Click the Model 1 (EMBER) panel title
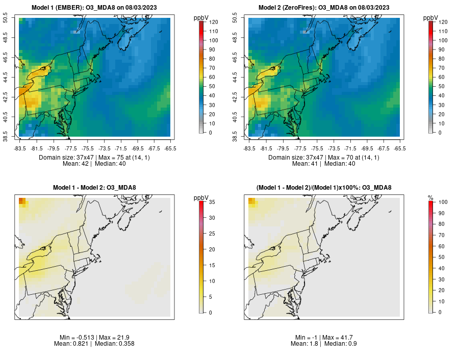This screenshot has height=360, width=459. click(x=94, y=8)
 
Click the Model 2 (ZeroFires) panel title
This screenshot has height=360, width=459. click(x=324, y=8)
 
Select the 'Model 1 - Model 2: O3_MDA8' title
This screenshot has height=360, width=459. click(x=94, y=188)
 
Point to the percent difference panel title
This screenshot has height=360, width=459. click(x=324, y=188)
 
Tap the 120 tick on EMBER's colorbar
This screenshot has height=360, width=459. click(x=213, y=22)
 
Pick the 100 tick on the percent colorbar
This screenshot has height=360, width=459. click(x=443, y=202)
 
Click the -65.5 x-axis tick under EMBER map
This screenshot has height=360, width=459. click(x=170, y=148)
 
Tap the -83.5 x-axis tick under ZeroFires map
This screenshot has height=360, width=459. click(x=249, y=148)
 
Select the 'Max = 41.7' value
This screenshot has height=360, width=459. click(x=340, y=338)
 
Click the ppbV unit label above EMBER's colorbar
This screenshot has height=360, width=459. click(x=201, y=18)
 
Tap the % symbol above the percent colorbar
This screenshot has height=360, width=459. click(x=431, y=197)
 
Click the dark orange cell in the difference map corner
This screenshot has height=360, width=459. click(x=21, y=200)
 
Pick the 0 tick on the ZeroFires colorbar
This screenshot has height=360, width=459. click(x=441, y=133)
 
